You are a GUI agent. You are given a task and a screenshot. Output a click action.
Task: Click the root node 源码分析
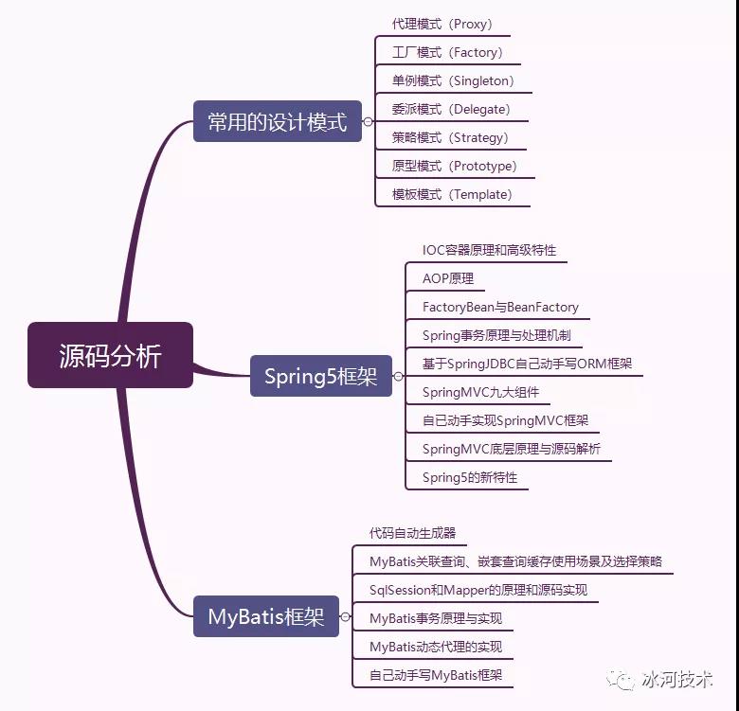click(110, 355)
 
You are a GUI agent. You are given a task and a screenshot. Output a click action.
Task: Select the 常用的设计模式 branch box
click(278, 121)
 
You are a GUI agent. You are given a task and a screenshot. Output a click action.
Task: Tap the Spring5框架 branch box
click(321, 376)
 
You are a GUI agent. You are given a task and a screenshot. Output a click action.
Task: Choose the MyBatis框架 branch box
click(266, 616)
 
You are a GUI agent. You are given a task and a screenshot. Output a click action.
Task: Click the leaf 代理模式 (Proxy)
click(442, 24)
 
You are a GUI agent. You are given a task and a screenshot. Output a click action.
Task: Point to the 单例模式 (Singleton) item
click(453, 81)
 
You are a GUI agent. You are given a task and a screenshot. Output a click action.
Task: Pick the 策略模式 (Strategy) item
click(450, 137)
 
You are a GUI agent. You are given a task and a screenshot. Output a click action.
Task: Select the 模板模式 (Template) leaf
click(452, 194)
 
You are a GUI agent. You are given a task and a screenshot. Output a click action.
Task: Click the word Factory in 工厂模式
click(476, 52)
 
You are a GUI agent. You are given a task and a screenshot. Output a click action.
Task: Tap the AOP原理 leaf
click(448, 278)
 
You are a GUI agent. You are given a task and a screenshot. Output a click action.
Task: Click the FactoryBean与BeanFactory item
click(500, 307)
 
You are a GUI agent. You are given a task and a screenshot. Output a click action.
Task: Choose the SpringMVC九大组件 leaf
click(480, 392)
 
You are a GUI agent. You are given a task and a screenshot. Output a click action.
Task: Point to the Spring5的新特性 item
click(470, 477)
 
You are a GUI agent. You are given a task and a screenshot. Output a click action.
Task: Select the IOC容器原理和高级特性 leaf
click(489, 250)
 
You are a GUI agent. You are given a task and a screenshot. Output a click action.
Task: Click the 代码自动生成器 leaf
click(412, 533)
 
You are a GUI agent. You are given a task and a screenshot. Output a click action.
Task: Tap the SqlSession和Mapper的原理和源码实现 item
click(478, 590)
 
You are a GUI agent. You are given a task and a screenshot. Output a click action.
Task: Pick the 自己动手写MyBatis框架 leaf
click(436, 675)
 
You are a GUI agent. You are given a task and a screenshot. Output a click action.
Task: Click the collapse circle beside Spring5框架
click(399, 376)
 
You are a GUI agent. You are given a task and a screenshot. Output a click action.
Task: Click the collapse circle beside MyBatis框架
click(346, 616)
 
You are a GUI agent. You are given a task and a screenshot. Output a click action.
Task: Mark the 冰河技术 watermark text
click(676, 680)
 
